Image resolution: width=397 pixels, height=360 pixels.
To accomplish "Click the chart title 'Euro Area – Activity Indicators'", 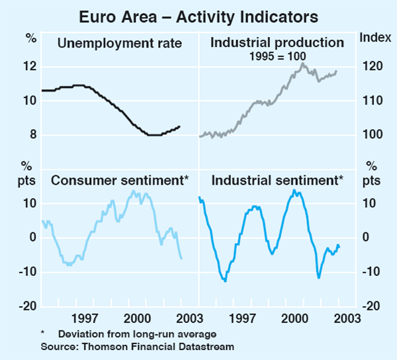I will coord(198,15).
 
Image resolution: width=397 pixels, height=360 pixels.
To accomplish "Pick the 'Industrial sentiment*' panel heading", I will coord(277,179).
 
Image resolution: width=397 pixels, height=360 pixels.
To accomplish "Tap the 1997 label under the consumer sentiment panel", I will coord(86,318).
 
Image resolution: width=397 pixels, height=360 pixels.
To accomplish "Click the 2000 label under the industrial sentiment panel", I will coord(294,318).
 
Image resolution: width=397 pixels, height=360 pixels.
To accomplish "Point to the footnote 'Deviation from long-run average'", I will coord(137,334).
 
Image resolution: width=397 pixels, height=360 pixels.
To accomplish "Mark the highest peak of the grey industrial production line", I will coord(302,64).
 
